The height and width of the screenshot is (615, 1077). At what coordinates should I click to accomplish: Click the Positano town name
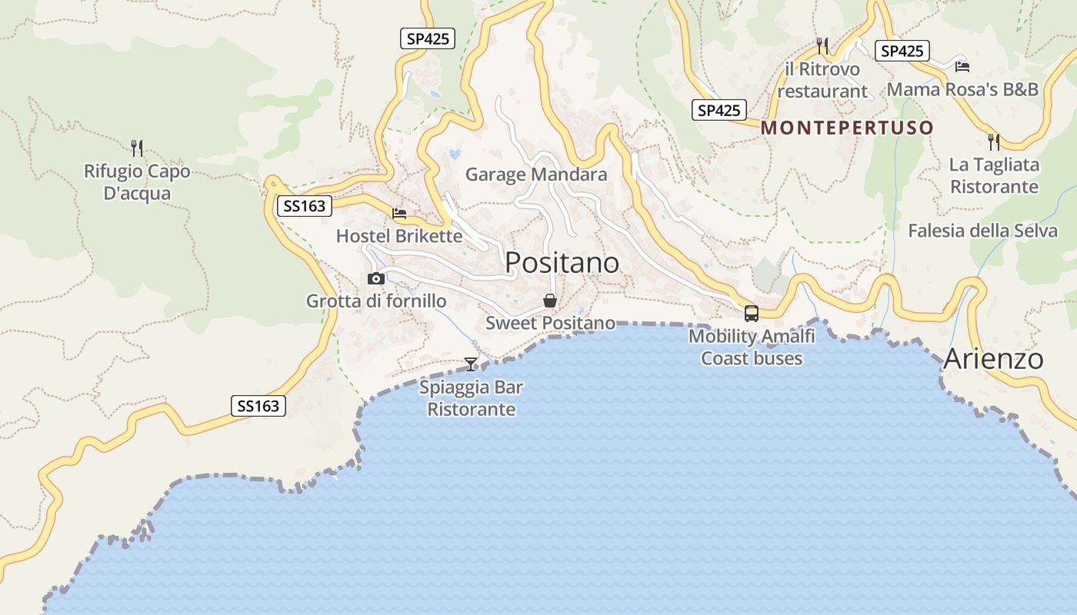562,263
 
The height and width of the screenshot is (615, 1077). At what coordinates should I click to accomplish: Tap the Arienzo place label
993,359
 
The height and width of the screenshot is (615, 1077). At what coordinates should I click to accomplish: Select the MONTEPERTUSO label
847,128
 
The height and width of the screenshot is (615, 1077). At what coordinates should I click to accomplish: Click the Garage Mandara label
536,175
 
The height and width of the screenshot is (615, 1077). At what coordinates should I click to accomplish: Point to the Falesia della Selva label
982,231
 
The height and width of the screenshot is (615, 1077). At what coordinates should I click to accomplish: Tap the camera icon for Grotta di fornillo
376,278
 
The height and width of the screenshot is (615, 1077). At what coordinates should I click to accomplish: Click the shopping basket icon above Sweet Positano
550,301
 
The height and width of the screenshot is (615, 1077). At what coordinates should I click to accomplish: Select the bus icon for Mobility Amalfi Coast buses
752,314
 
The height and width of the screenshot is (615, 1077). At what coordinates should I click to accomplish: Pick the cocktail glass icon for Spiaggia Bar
471,364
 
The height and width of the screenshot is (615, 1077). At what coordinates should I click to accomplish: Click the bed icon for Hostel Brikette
399,214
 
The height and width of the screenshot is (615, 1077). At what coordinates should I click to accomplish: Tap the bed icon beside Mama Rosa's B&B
962,66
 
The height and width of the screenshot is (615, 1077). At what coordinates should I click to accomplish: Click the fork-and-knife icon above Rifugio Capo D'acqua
137,148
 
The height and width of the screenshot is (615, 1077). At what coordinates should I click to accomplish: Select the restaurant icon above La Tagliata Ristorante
993,141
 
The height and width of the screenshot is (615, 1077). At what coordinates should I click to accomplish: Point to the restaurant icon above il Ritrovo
822,46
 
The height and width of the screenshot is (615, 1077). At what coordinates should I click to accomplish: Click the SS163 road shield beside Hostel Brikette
305,206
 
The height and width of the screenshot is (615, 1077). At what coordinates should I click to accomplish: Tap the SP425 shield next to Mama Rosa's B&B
902,52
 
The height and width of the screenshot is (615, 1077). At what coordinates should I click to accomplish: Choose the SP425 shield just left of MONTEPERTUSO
719,111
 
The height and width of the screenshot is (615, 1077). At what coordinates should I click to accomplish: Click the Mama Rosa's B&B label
962,89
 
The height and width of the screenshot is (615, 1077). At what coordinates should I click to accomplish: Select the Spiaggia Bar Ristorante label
471,398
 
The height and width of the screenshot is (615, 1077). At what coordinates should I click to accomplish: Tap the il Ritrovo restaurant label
822,80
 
